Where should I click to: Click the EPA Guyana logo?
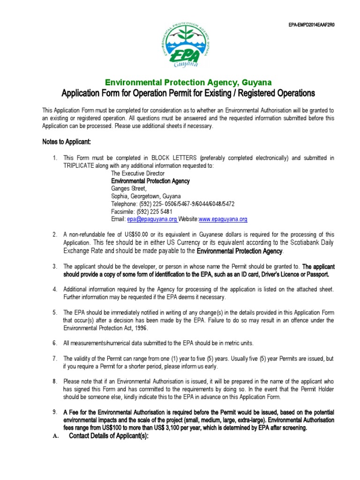click(x=180, y=44)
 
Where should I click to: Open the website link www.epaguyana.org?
click(x=223, y=219)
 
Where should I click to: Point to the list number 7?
click(x=54, y=359)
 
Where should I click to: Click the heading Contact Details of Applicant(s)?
click(x=108, y=436)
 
